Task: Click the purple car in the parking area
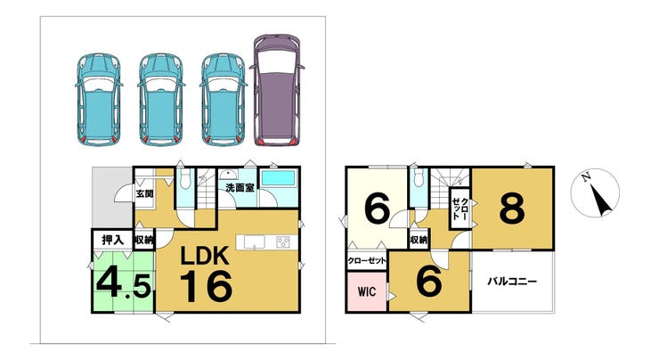tap(277, 90)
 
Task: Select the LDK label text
tap(205, 256)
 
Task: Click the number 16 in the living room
tap(207, 286)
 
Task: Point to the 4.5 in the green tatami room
tap(124, 283)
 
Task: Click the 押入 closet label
tap(112, 240)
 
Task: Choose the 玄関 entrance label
tap(144, 194)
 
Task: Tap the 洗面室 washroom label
tap(240, 187)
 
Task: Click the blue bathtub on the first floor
tap(278, 178)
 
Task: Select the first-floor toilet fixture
tap(184, 180)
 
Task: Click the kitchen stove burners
tap(283, 242)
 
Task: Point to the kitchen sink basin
tap(255, 242)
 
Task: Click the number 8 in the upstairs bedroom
tap(512, 208)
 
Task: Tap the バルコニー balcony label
tap(512, 281)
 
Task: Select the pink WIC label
tap(367, 292)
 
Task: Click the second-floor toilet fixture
tap(418, 178)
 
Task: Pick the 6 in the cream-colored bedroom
tap(377, 208)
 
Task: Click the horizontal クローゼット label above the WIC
tap(367, 261)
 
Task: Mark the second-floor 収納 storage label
tap(419, 240)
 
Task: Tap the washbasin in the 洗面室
tap(228, 175)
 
